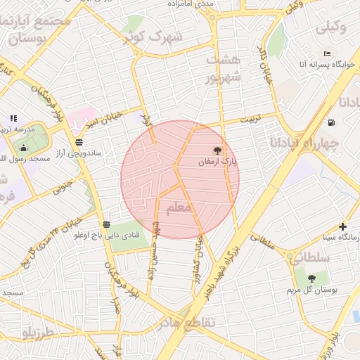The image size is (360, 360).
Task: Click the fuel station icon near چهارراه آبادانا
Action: click(x=330, y=122)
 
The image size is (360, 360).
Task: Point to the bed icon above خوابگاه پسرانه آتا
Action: click(x=327, y=53)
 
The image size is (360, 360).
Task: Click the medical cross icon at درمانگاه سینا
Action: click(x=342, y=226)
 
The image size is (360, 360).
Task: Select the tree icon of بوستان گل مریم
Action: click(x=310, y=278)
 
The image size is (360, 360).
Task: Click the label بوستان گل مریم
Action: click(x=310, y=290)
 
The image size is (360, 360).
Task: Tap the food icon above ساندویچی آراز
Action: click(x=78, y=141)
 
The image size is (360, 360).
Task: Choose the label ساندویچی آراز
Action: click(x=78, y=152)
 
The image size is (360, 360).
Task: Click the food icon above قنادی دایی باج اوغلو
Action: click(x=105, y=224)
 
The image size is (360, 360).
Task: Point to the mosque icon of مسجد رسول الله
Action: click(x=23, y=148)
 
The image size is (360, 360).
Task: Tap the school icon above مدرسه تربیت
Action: click(x=13, y=118)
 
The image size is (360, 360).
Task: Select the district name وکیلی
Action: click(x=332, y=28)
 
